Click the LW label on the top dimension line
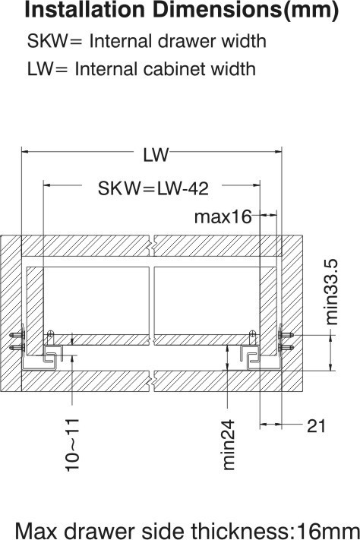point(155,155)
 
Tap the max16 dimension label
point(223,217)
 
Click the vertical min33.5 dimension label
point(332,291)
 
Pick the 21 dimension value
point(316,426)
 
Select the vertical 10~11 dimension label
point(73,445)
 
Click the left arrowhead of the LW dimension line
point(25,153)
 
